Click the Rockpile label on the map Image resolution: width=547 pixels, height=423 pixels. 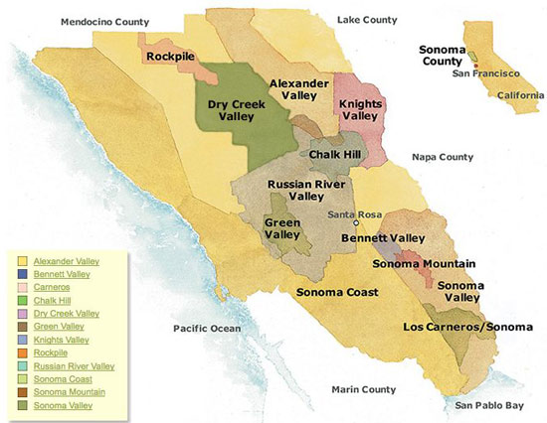171,57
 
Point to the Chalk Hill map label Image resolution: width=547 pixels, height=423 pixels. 336,156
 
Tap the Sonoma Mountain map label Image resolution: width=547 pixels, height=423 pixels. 422,263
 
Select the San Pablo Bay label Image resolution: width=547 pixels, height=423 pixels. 483,405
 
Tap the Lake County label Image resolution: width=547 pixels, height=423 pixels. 367,18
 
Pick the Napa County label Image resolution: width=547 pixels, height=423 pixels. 443,157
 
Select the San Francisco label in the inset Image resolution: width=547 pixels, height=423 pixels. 485,73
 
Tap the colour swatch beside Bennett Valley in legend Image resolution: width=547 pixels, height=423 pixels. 26,273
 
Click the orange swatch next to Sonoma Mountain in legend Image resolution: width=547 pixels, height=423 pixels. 26,393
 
